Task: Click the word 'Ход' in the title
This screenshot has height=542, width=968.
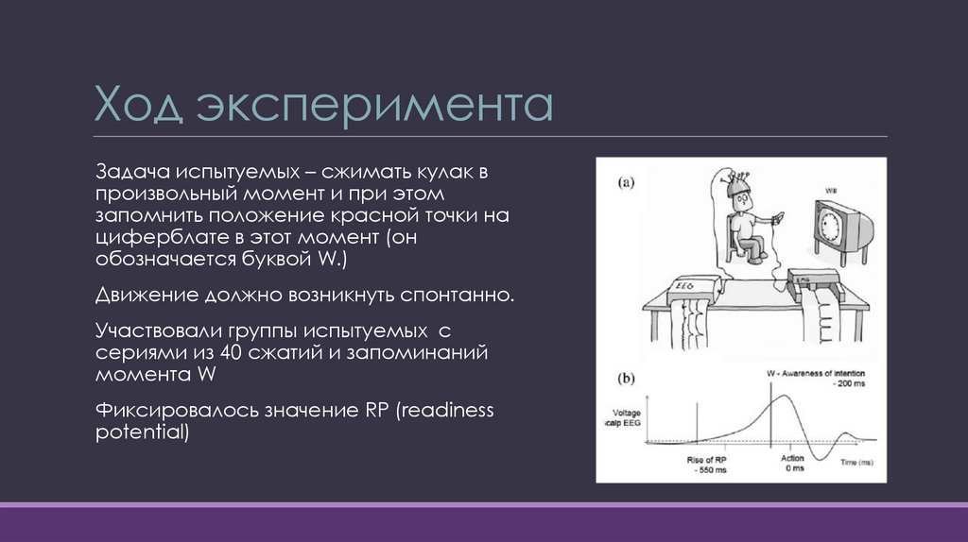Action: [x=138, y=106]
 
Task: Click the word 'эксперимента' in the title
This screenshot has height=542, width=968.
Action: [x=375, y=108]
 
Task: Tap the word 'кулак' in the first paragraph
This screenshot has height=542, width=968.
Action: [x=443, y=174]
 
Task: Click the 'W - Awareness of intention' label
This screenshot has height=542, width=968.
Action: [x=814, y=374]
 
